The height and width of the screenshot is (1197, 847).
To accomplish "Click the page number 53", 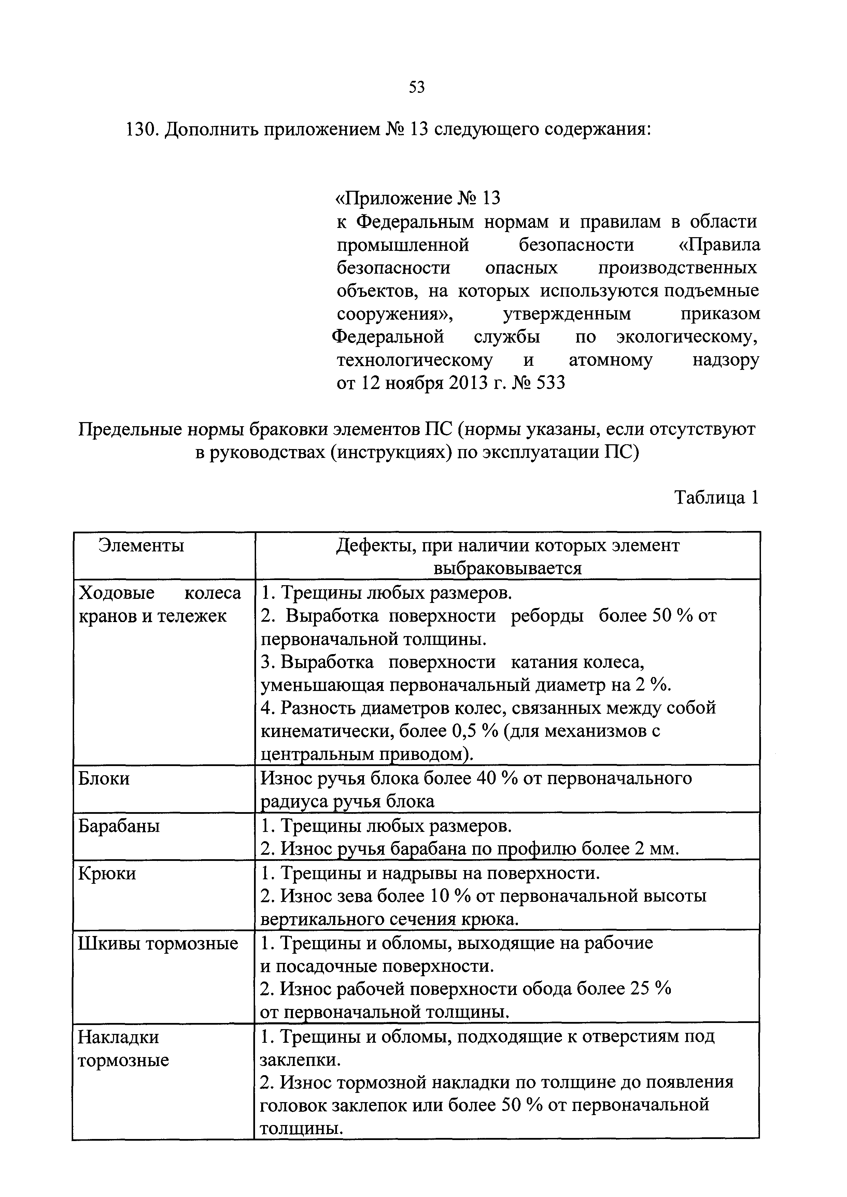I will click(417, 87).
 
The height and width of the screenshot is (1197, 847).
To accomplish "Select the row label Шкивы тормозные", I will click(158, 943).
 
